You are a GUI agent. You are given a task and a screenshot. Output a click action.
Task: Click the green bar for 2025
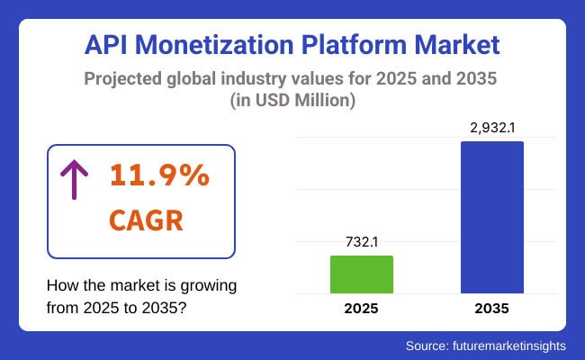coord(361,274)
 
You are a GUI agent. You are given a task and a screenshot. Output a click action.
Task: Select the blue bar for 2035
coord(492,217)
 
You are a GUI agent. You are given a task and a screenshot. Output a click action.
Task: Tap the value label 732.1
coord(361,242)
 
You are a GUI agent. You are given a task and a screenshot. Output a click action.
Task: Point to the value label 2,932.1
coord(492,128)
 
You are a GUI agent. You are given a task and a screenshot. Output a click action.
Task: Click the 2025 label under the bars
coord(361,309)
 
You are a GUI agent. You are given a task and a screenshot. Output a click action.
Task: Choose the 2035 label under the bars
coord(492,309)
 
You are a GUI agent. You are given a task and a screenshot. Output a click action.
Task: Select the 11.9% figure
coord(159,176)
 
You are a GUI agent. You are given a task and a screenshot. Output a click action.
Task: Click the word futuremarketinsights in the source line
coord(514,345)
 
